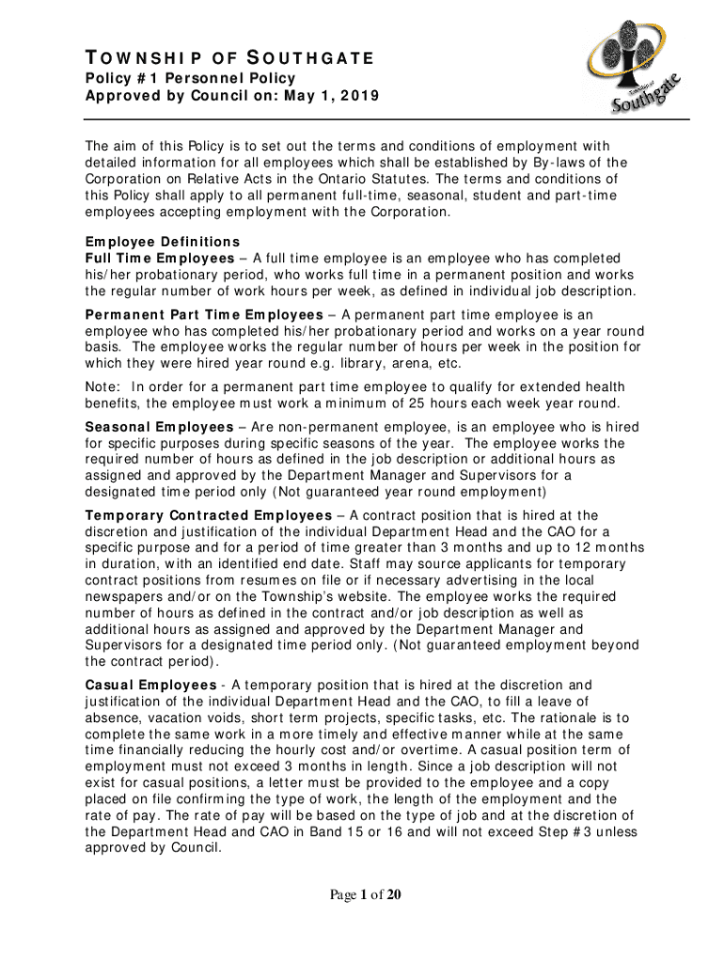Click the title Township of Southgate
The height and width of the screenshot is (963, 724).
click(230, 59)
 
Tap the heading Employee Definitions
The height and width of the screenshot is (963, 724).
click(163, 241)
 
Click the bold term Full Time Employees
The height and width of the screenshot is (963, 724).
click(160, 258)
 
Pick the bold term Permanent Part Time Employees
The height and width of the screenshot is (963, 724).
click(203, 314)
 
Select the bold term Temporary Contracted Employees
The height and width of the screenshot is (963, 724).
click(208, 515)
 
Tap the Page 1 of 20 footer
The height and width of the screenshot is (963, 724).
click(361, 894)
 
